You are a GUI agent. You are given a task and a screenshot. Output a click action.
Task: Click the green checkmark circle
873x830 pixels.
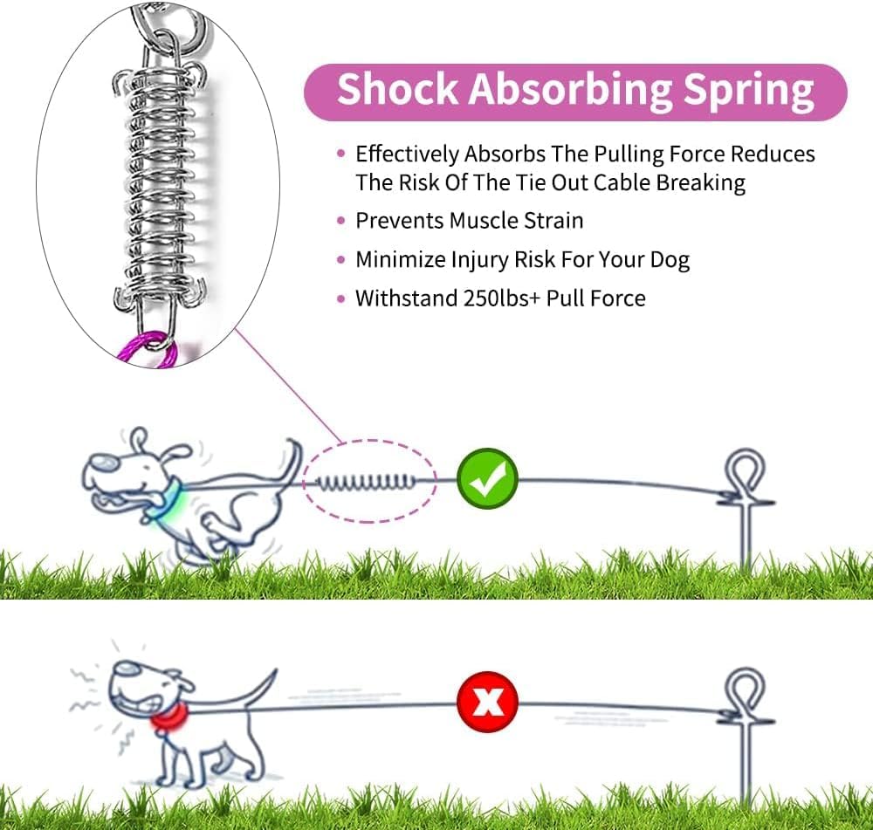point(487,478)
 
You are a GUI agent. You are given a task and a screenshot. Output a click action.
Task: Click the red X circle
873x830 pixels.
point(487,701)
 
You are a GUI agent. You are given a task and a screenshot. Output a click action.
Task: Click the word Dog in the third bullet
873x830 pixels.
point(670,259)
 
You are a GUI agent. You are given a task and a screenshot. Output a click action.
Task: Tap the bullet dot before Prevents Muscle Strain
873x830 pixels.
point(340,222)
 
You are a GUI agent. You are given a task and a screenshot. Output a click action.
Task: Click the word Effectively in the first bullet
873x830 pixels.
point(407,155)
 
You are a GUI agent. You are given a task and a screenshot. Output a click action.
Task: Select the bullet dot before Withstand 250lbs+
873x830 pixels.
point(340,298)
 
